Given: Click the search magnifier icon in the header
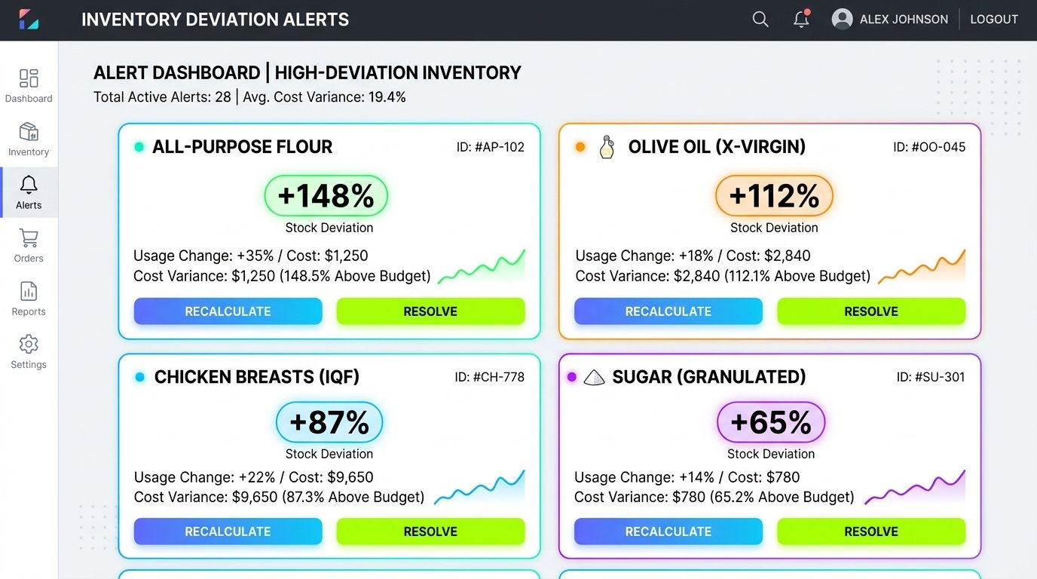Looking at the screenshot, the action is click(x=760, y=20).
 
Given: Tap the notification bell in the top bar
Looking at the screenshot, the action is click(x=801, y=19).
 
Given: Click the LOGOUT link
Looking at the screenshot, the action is click(x=994, y=20).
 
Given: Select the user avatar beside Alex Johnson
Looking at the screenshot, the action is click(x=842, y=20).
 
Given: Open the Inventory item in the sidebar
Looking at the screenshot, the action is click(x=28, y=139).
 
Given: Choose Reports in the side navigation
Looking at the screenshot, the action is click(x=28, y=299).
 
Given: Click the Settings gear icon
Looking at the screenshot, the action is click(x=29, y=344).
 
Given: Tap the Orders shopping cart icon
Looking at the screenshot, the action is click(x=29, y=238).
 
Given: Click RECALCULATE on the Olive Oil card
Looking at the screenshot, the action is click(x=668, y=311).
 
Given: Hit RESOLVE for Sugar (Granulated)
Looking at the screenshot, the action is click(x=870, y=532).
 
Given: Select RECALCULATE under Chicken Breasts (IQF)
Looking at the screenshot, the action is click(x=228, y=532).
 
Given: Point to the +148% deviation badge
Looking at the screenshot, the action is click(x=326, y=196).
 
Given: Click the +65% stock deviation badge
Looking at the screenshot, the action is click(x=771, y=422).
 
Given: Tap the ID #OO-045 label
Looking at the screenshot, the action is click(x=929, y=147).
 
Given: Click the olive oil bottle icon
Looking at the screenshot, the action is click(x=607, y=147).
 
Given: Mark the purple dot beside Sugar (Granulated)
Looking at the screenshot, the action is click(x=572, y=377).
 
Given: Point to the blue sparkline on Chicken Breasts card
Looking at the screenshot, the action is click(x=479, y=488).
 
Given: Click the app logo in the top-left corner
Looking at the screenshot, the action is click(x=29, y=20).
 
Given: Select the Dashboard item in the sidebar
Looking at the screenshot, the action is click(x=28, y=86).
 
